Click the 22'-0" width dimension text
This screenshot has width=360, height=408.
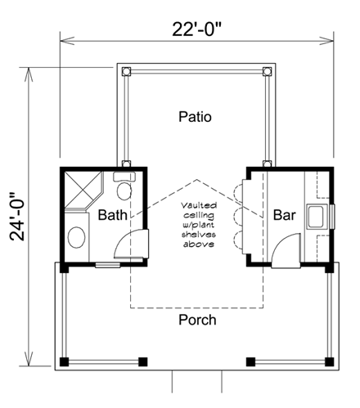coord(196,29)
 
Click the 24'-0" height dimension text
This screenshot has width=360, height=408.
coord(17,217)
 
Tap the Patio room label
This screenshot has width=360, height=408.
coord(195,117)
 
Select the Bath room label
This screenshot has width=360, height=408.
coord(112,215)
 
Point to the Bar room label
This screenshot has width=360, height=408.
coord(285,215)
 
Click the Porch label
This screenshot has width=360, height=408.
coord(197,320)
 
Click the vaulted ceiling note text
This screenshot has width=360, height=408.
coord(199,225)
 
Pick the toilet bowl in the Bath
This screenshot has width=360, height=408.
coord(124,191)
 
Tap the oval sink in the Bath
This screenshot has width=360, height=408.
coord(76,237)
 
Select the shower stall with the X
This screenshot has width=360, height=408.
coord(83,189)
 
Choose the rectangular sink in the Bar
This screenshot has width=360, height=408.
coord(317,217)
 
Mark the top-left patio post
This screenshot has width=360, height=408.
coord(126,71)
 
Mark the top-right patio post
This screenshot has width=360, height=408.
coord(268,71)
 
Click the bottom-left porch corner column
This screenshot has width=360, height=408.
coord(64,361)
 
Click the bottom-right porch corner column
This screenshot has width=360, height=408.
coord(330,361)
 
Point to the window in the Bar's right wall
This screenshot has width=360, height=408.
coord(332,217)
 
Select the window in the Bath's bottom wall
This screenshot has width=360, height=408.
coord(108,265)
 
